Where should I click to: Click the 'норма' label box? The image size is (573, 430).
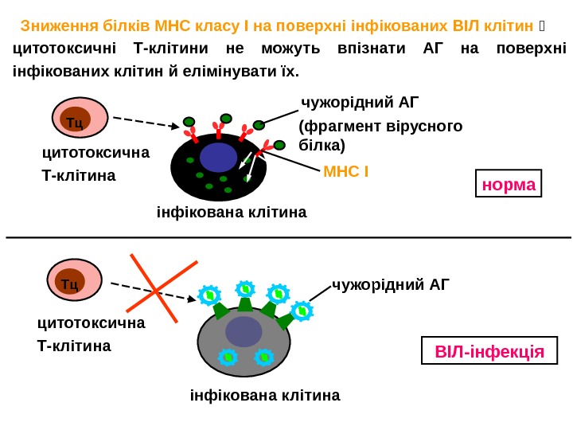(509, 184)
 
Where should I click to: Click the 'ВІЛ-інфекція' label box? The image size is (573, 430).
(489, 351)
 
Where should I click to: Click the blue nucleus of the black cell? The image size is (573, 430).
(218, 157)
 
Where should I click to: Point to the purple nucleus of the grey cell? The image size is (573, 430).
(244, 331)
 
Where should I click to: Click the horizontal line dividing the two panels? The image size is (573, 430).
(286, 237)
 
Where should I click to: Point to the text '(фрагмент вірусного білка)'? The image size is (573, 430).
(380, 135)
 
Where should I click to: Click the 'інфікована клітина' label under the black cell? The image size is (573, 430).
(231, 213)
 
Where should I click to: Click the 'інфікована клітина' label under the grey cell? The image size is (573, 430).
(265, 395)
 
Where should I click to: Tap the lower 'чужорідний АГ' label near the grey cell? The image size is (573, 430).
(391, 283)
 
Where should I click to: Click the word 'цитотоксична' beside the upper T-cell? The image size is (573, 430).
(95, 152)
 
